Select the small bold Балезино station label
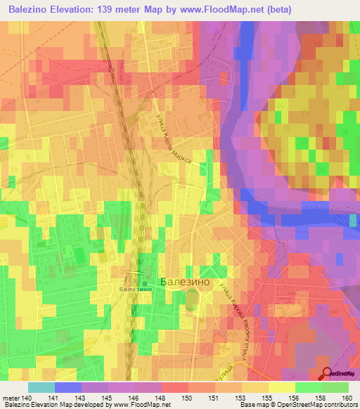136,290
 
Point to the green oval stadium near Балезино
190,300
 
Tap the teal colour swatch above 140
41,387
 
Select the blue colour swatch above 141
67,387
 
